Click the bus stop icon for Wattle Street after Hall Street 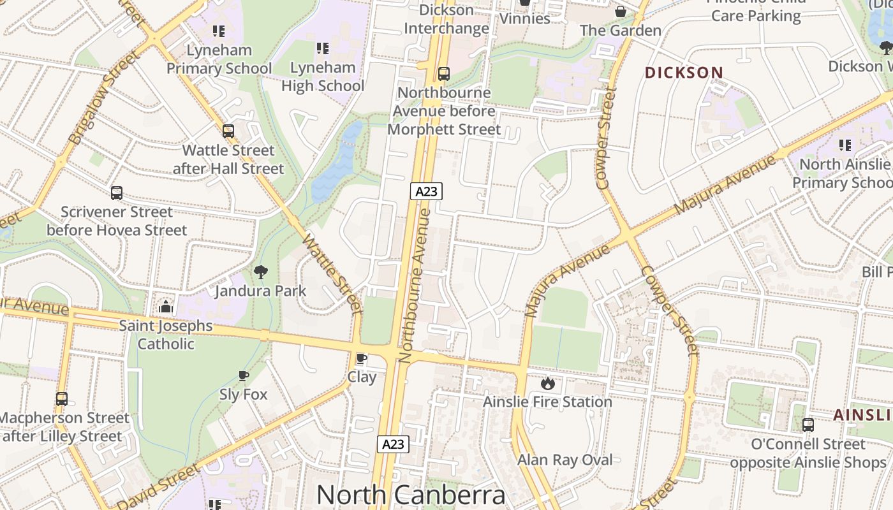click(x=228, y=131)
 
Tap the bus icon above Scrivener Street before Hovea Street click(x=116, y=193)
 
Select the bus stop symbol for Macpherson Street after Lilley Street click(x=62, y=399)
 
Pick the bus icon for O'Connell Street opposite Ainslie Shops click(x=808, y=425)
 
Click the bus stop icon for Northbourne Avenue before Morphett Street click(x=443, y=74)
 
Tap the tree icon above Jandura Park click(x=260, y=272)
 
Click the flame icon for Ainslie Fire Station click(x=547, y=383)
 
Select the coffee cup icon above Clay click(x=362, y=358)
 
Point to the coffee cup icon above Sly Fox click(x=243, y=375)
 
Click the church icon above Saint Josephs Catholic click(x=166, y=307)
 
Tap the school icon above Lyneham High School click(x=323, y=48)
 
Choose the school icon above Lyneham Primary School click(x=219, y=31)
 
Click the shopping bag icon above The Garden click(x=620, y=11)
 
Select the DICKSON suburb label click(x=684, y=73)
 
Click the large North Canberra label click(x=411, y=495)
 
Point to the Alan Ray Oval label click(x=565, y=460)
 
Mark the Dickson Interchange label click(x=447, y=19)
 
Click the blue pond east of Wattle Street click(x=337, y=163)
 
